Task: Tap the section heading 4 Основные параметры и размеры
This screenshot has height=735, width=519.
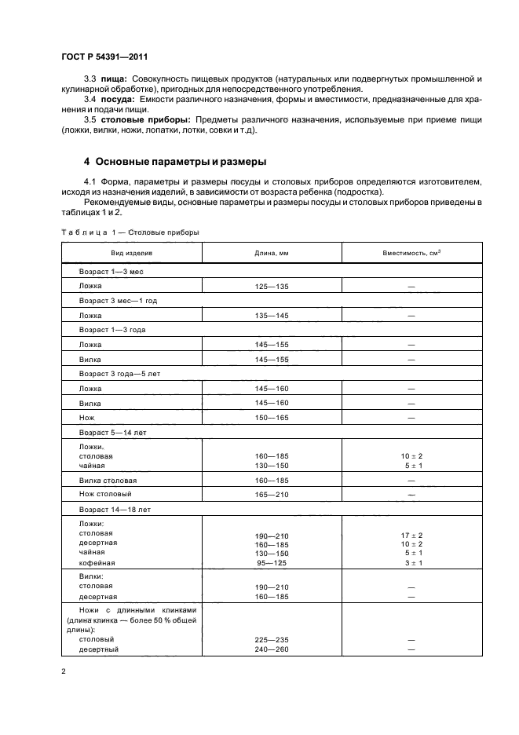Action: pyautogui.click(x=175, y=162)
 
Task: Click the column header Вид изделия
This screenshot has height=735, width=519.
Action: pyautogui.click(x=131, y=253)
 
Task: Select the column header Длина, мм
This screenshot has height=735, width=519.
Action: pyautogui.click(x=272, y=253)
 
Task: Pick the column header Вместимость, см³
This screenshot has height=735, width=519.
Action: pyautogui.click(x=411, y=253)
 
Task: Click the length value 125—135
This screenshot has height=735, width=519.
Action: pyautogui.click(x=272, y=287)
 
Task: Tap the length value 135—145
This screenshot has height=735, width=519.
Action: pyautogui.click(x=272, y=316)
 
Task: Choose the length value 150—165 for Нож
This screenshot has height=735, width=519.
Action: pyautogui.click(x=272, y=417)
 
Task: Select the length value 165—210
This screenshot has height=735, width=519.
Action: pyautogui.click(x=272, y=494)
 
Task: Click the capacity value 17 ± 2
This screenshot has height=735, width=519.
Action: pyautogui.click(x=411, y=535)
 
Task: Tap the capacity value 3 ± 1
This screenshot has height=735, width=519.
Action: pyautogui.click(x=411, y=563)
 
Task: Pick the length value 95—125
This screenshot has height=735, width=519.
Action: pyautogui.click(x=272, y=563)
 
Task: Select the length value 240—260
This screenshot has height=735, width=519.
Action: pyautogui.click(x=272, y=649)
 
